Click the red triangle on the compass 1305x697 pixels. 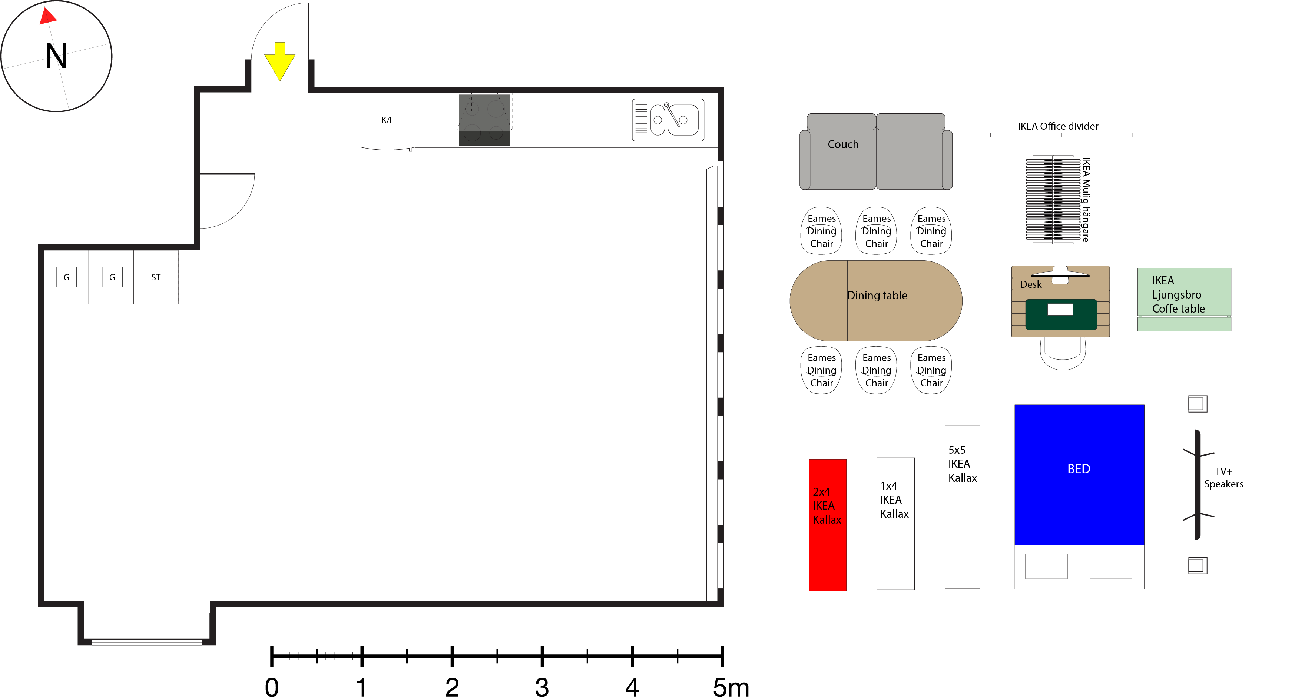click(x=47, y=16)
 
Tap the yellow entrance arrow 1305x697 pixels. click(x=279, y=61)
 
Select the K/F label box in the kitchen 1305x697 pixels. click(x=388, y=120)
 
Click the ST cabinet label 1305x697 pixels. click(x=156, y=277)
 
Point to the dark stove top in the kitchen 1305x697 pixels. click(x=484, y=120)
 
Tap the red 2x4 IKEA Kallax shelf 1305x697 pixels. click(x=827, y=525)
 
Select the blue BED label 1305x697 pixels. click(x=1079, y=469)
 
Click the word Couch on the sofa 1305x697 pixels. click(x=843, y=144)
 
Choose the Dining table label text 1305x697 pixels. click(x=877, y=296)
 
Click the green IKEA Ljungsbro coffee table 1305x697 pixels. click(x=1184, y=299)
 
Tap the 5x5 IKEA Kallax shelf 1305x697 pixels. click(x=962, y=507)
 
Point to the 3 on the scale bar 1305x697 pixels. click(x=542, y=687)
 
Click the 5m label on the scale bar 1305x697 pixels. click(x=731, y=687)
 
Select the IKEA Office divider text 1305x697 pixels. click(x=1058, y=126)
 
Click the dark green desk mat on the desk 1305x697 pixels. click(x=1061, y=314)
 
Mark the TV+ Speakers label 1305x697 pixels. click(x=1223, y=478)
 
